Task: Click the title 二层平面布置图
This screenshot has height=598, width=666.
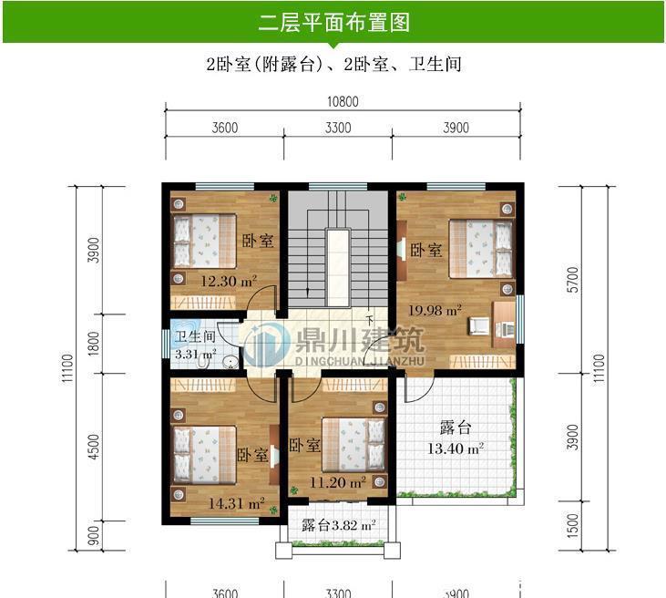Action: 333,21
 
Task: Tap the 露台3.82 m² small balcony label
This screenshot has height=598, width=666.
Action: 338,526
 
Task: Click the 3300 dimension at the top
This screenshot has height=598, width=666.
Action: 337,128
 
